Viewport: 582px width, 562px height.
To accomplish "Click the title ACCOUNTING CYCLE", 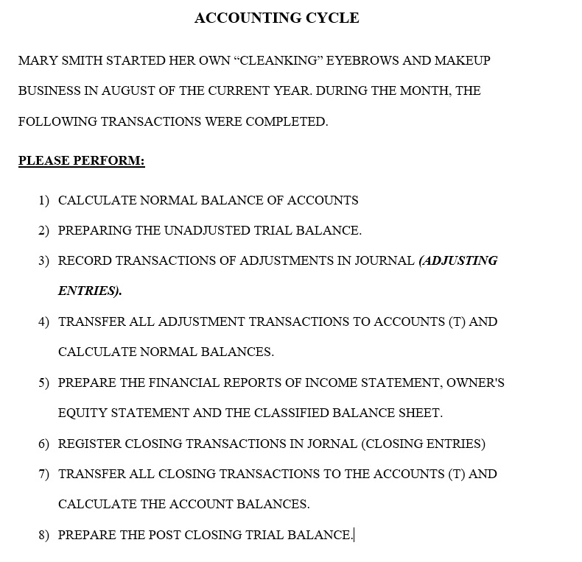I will [276, 18].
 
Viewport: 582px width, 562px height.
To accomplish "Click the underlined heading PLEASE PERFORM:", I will [81, 160].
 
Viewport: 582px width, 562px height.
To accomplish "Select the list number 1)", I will [43, 200].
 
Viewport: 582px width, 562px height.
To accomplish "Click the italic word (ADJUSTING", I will [457, 261].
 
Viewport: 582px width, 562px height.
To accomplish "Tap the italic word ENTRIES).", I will [90, 291].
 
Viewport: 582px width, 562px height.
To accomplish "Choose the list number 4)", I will [43, 322].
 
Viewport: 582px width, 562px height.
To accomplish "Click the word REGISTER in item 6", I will [90, 444].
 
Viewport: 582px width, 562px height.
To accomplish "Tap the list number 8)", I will [43, 536].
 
